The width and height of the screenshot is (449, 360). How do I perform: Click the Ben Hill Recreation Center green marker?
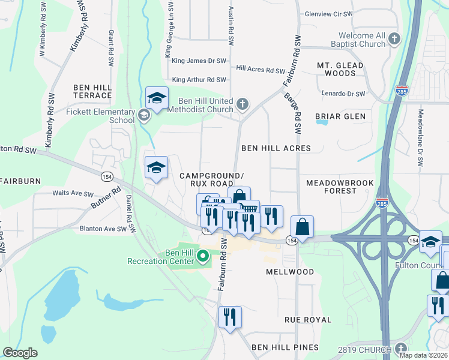[x=203, y=257]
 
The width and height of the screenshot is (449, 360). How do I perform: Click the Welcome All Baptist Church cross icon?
[x=394, y=40]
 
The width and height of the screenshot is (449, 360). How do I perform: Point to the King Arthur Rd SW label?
[x=199, y=80]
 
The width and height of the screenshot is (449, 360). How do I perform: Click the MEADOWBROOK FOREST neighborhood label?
[x=340, y=187]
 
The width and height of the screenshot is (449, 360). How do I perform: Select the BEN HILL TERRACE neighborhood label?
[x=92, y=91]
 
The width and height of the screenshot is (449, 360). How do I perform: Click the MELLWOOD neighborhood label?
[x=290, y=272]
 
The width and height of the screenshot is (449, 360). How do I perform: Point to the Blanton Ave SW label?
[x=103, y=229]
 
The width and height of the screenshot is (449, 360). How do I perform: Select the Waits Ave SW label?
[x=73, y=194]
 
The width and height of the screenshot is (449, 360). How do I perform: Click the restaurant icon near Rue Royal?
[x=230, y=316]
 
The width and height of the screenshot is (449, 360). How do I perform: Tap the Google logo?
[x=20, y=353]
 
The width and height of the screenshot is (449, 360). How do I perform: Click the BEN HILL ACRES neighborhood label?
[x=276, y=148]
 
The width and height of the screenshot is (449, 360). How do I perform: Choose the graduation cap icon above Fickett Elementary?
[x=157, y=98]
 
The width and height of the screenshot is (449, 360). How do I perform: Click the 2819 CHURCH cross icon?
[x=400, y=348]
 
